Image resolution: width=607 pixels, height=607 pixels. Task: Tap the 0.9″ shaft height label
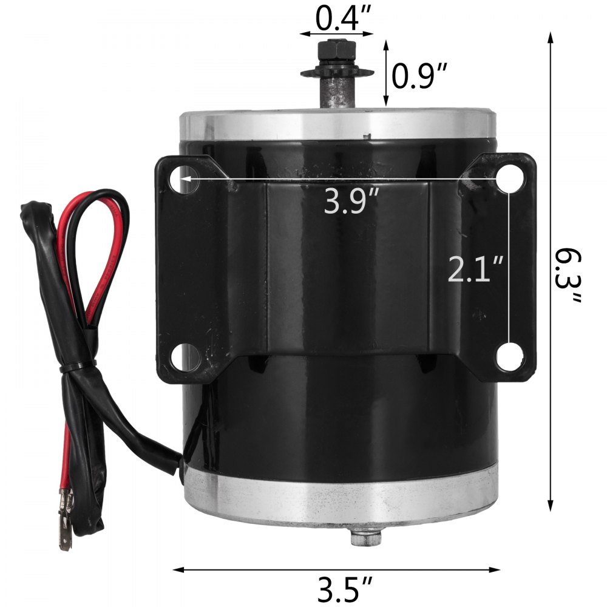(x=419, y=76)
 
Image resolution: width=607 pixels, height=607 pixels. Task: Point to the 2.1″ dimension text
(x=476, y=269)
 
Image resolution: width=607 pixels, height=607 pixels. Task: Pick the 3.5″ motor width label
(x=345, y=588)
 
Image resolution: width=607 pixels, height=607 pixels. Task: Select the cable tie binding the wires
(x=79, y=367)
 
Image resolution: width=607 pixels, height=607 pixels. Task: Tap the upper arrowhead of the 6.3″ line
(x=551, y=38)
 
